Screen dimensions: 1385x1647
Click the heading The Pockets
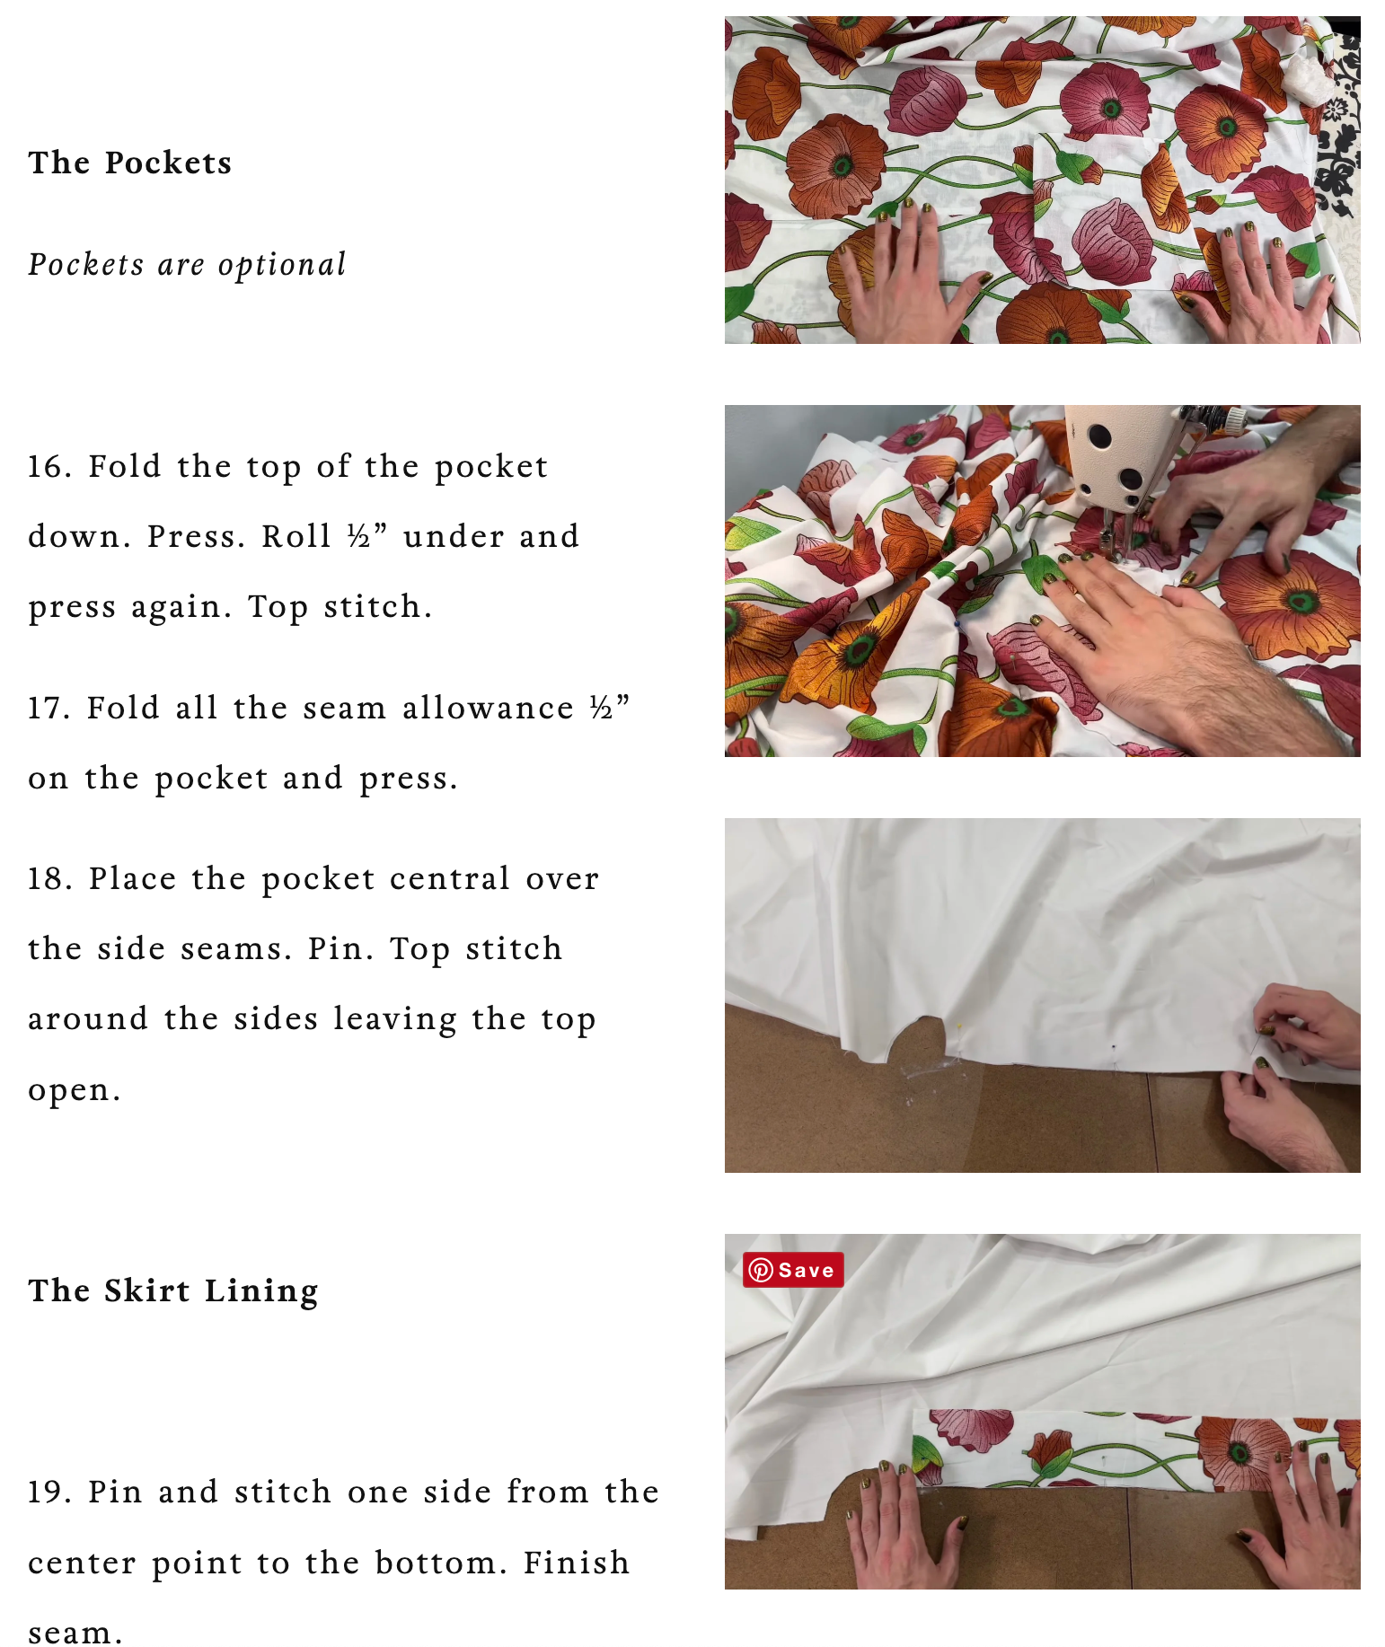click(x=130, y=163)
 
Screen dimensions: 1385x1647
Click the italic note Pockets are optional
click(x=187, y=265)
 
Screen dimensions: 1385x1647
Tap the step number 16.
click(x=50, y=466)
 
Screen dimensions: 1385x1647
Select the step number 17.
click(x=50, y=708)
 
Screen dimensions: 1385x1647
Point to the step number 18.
click(x=50, y=878)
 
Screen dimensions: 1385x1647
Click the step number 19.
click(x=50, y=1492)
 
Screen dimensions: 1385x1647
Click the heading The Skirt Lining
click(x=173, y=1291)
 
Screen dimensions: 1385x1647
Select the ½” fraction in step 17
click(x=610, y=708)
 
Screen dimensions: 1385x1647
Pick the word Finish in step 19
click(x=577, y=1563)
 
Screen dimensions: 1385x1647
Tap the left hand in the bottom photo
click(x=903, y=1527)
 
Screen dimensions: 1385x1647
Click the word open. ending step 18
click(x=75, y=1089)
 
